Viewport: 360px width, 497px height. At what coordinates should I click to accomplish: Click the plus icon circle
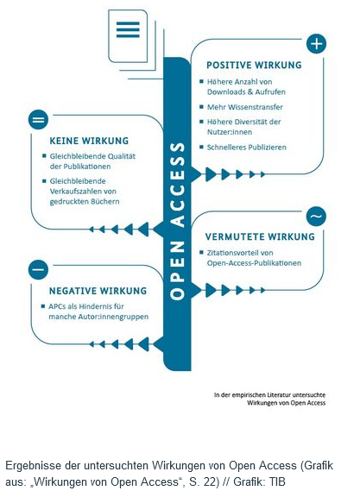(x=316, y=43)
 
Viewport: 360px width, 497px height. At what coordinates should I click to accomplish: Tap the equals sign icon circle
(x=38, y=120)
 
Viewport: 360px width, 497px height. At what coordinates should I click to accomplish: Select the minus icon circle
(x=38, y=270)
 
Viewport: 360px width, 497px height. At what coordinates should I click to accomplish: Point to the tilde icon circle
(x=316, y=217)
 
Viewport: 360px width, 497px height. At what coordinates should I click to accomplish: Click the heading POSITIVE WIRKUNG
(x=254, y=65)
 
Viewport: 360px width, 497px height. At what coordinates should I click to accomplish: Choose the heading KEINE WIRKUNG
(x=89, y=141)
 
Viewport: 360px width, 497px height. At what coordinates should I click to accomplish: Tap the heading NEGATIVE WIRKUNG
(x=98, y=291)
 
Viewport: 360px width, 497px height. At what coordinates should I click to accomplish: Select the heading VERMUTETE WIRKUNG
(x=260, y=236)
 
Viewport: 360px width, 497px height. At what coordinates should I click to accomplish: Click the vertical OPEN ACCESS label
(x=177, y=221)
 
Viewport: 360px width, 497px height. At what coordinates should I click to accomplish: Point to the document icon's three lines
(x=128, y=30)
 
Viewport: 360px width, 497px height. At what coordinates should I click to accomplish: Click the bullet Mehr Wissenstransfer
(x=242, y=107)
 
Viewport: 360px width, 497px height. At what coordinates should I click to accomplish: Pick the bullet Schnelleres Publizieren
(x=243, y=148)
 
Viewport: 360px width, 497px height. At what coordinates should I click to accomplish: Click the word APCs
(x=57, y=306)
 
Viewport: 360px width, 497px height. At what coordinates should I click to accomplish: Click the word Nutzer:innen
(x=230, y=132)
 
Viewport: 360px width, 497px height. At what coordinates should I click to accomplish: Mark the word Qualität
(x=123, y=156)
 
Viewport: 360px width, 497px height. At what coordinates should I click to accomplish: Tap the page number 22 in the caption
(x=209, y=481)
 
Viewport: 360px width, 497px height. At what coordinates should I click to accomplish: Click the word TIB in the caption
(x=277, y=481)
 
